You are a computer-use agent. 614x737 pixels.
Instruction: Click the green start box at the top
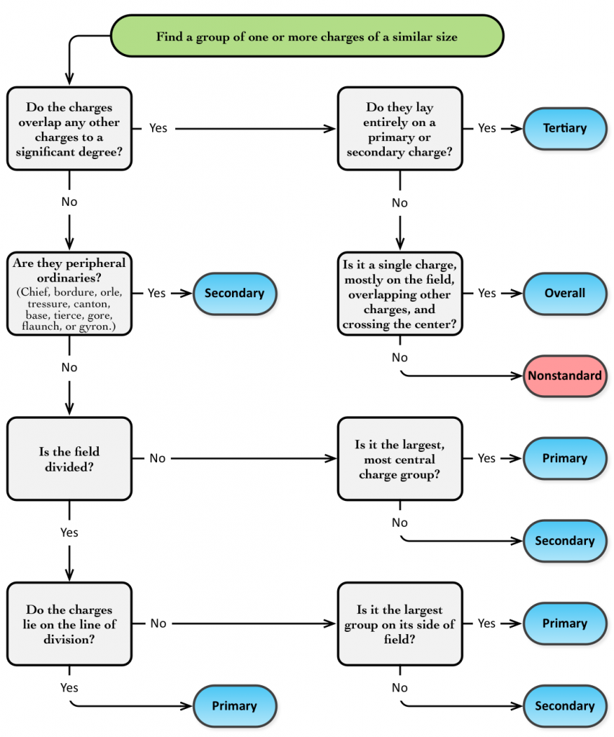pos(306,37)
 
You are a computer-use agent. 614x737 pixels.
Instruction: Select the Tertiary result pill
pos(565,128)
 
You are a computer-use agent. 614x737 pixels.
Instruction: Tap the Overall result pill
pos(565,293)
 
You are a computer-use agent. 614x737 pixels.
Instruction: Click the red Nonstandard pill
pos(565,376)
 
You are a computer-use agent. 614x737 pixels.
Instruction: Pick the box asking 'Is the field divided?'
pos(69,458)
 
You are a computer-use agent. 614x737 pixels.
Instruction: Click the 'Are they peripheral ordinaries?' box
pos(69,294)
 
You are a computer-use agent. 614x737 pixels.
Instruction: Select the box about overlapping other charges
pos(69,128)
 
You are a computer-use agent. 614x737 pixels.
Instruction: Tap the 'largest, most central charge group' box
pos(399,458)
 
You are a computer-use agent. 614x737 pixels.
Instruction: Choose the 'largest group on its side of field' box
pos(399,623)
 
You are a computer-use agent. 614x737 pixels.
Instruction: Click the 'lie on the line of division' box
pos(69,623)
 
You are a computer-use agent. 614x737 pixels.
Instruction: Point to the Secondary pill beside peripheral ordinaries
pos(234,293)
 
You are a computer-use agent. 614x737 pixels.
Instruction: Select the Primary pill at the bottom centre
pos(234,706)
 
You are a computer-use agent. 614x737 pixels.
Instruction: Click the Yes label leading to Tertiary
pos(487,128)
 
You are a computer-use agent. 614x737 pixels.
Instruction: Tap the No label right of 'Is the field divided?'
pos(157,458)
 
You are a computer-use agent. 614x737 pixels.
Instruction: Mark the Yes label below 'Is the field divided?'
pos(69,533)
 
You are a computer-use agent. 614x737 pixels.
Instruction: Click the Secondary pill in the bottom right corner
pos(565,706)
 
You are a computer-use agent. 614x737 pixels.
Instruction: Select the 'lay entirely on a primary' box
pos(399,128)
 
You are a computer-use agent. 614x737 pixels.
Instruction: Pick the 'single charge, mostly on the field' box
pos(399,294)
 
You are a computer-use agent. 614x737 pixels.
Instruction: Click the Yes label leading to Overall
pos(487,293)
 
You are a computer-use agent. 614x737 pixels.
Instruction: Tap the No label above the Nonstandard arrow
pos(399,358)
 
